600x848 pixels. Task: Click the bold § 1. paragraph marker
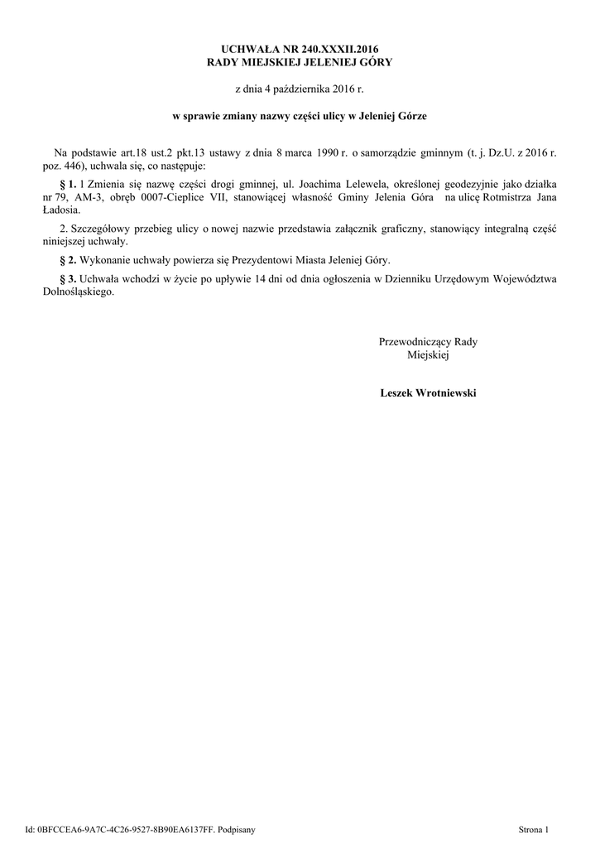click(x=68, y=183)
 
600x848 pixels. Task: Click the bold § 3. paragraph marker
click(x=68, y=278)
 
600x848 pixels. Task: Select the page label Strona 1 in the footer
click(x=534, y=828)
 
